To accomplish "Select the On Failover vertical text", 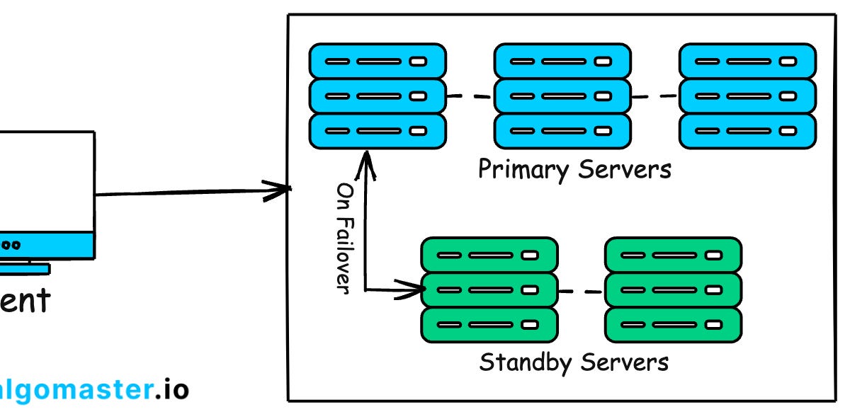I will coord(344,238).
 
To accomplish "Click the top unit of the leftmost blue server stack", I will coord(378,61).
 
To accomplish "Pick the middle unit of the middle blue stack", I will coord(562,96).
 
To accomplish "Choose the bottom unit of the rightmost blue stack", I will coord(747,131).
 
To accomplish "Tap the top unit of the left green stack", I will coord(489,255).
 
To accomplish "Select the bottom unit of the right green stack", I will coord(674,324).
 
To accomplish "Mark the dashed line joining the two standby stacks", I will coord(581,290).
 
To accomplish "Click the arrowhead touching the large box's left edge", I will coord(280,189).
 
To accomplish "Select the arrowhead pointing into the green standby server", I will coord(411,289).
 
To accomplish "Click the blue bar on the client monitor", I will coord(47,245).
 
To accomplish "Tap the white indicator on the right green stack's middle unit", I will coord(713,289).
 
